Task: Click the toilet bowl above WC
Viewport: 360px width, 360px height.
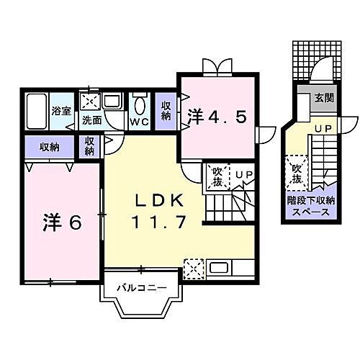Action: [x=139, y=104]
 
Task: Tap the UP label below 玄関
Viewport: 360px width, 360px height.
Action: [x=321, y=128]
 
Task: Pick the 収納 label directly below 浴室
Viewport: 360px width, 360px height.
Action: [x=49, y=146]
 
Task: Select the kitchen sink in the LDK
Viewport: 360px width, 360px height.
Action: [x=219, y=269]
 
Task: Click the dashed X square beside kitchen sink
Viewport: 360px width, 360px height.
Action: [x=192, y=268]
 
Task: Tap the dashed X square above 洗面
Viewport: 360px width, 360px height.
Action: [x=91, y=101]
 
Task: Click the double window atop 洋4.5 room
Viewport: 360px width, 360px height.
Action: [x=217, y=67]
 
